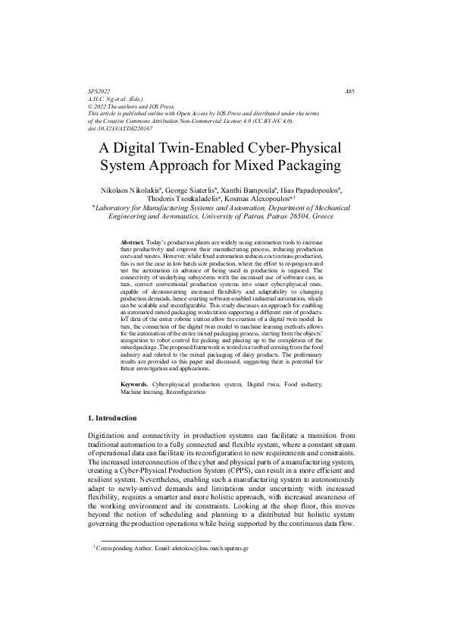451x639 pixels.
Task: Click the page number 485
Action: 349,91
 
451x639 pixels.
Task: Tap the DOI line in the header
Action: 121,127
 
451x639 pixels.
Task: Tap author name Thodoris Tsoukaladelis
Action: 195,198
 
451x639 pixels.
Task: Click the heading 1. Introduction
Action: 113,418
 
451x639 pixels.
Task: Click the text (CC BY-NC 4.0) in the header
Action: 271,121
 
